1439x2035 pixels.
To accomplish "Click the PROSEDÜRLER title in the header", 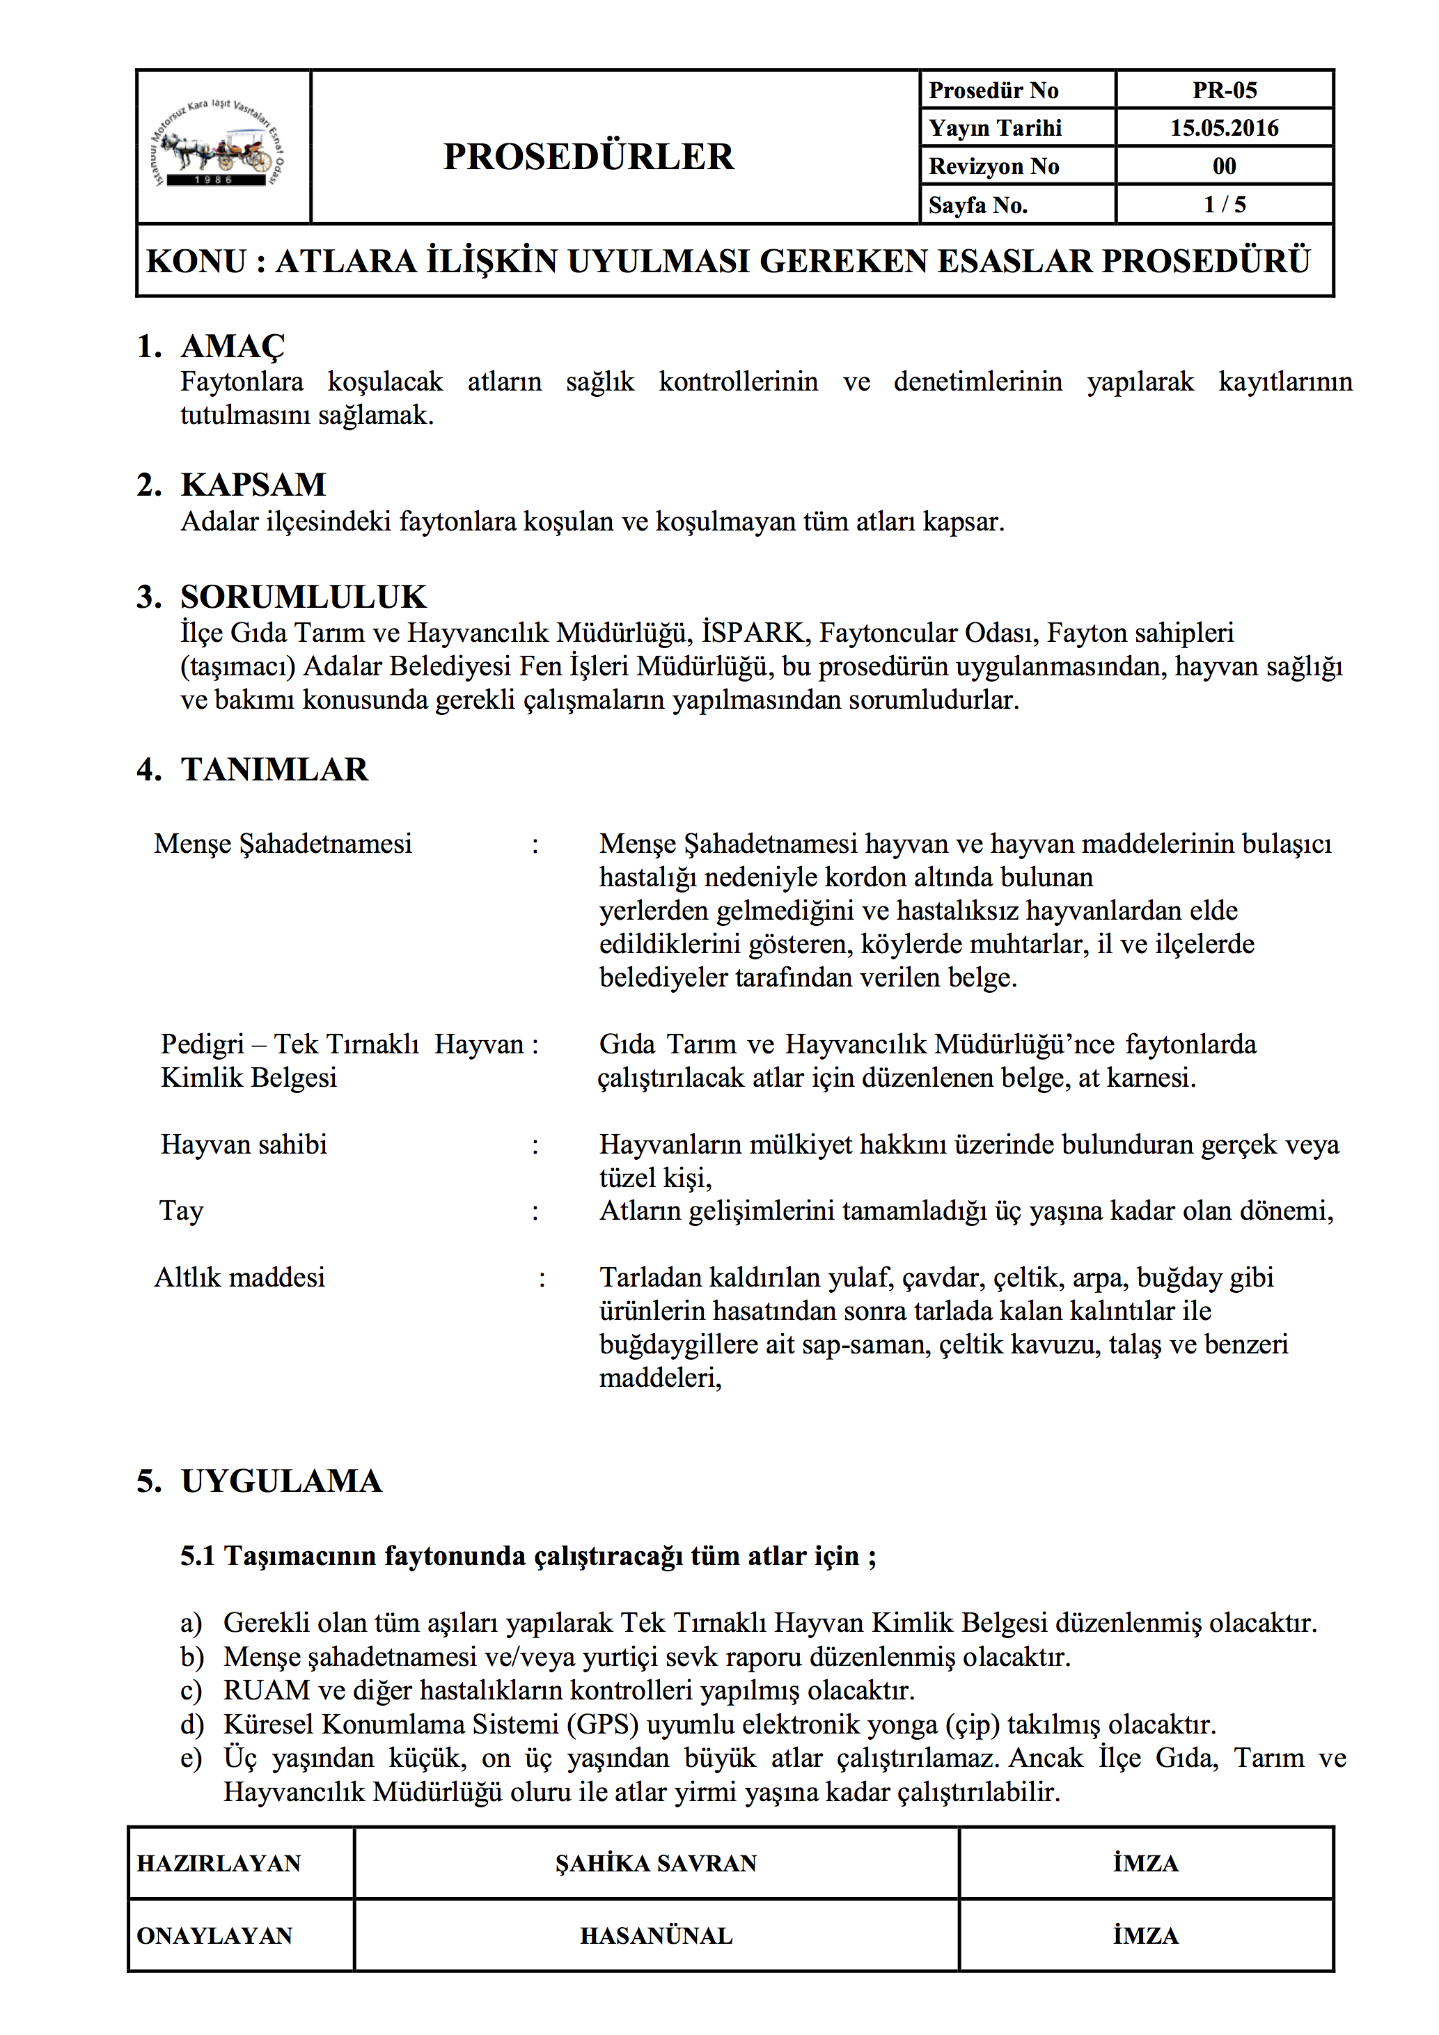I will pos(588,157).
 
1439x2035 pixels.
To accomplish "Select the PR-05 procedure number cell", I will pos(1224,91).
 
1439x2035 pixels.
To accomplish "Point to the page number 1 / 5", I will pos(1224,205).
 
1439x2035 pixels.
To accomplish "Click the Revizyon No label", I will pos(993,166).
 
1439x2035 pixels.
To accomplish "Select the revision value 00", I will pos(1224,166).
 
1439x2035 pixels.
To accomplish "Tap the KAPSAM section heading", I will pos(253,485).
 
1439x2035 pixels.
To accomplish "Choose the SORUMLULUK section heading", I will pos(303,597).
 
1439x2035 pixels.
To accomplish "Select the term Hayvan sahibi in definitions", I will pos(244,1145).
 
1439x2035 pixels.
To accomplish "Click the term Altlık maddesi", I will pos(239,1278).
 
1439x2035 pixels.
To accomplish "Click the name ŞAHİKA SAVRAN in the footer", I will pos(656,1863).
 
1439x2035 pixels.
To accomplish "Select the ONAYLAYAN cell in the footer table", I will pos(214,1935).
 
